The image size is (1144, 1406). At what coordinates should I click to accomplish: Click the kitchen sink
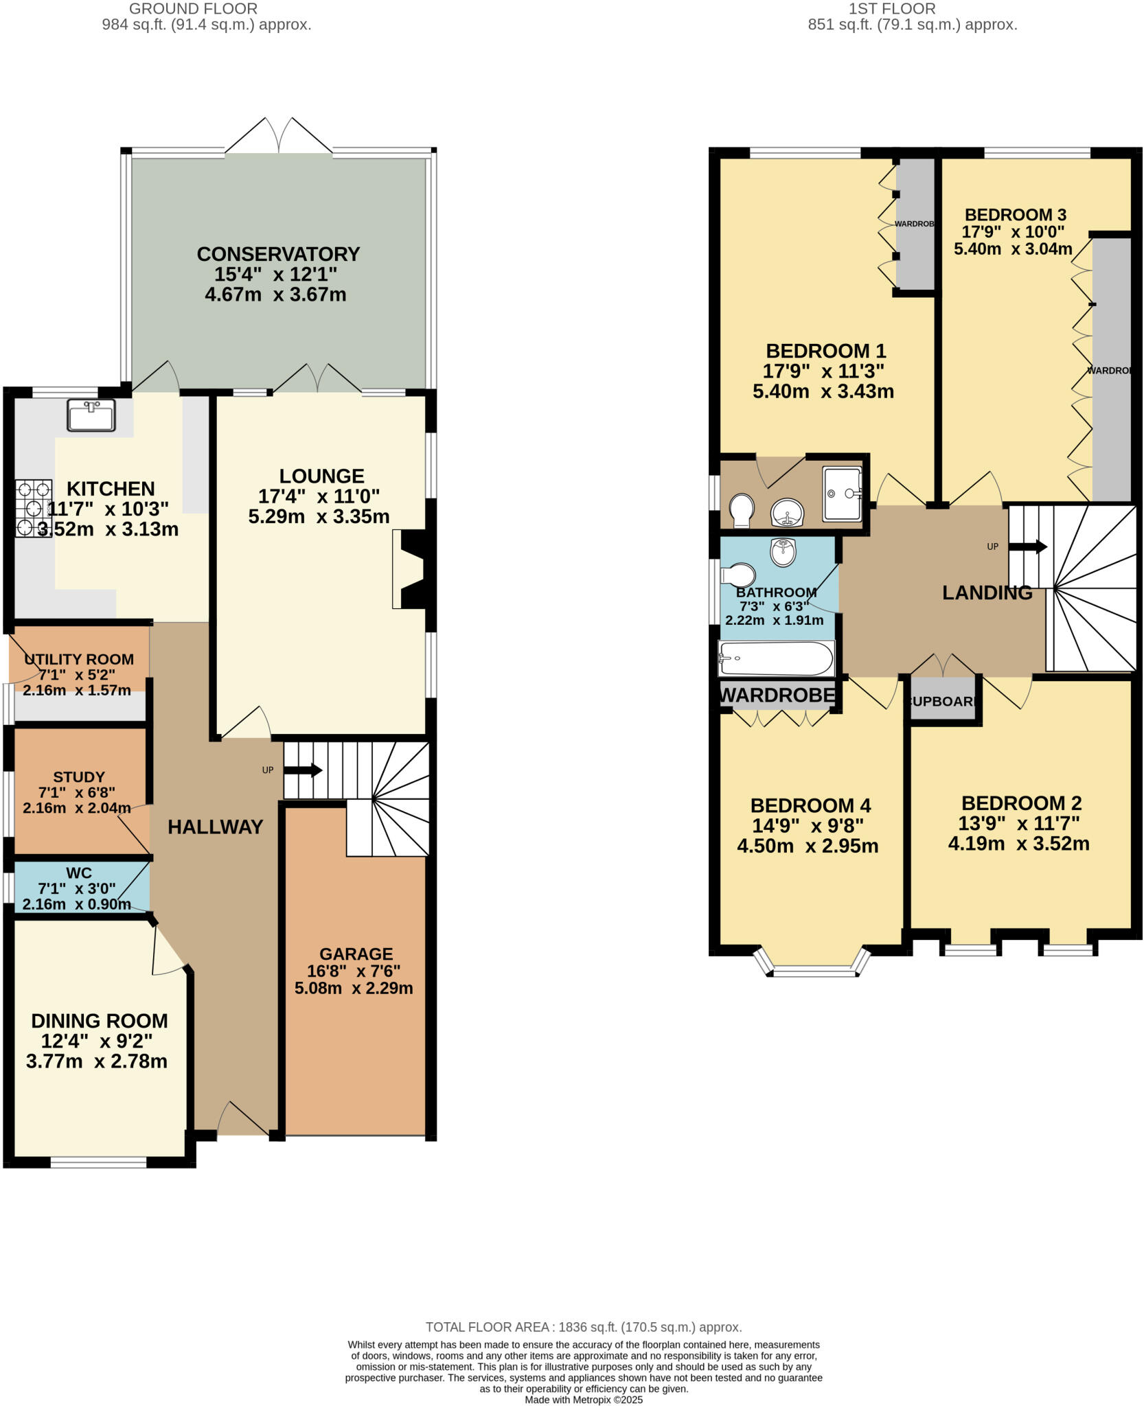click(x=91, y=415)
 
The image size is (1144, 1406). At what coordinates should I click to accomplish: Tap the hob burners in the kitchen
click(x=34, y=509)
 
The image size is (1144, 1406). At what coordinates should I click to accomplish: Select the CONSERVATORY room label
click(x=278, y=254)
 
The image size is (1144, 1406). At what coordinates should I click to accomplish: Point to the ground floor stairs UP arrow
click(x=303, y=770)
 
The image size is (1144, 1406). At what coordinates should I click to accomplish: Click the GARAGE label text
click(x=356, y=954)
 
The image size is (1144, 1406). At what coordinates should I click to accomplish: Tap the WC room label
click(x=79, y=873)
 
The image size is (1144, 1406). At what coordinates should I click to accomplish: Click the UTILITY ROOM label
click(x=79, y=659)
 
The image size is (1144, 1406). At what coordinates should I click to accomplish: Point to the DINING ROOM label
click(x=100, y=1021)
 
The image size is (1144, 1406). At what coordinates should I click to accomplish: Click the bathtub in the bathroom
click(x=776, y=658)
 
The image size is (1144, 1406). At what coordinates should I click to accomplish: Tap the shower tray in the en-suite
click(x=843, y=493)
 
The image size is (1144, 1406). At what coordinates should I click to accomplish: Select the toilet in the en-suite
click(x=741, y=510)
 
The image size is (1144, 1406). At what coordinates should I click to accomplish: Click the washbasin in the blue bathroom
click(x=783, y=551)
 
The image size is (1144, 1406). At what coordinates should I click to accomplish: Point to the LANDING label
click(x=987, y=592)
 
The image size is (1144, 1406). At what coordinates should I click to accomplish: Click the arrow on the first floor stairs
click(x=1028, y=547)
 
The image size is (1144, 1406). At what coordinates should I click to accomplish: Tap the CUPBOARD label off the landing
click(x=942, y=702)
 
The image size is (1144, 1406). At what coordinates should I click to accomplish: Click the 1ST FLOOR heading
click(x=892, y=9)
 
